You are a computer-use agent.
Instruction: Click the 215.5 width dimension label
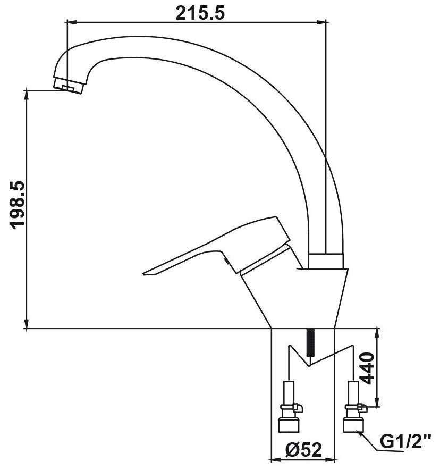click(200, 13)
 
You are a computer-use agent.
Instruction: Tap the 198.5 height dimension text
click(18, 205)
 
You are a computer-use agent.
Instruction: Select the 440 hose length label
click(367, 368)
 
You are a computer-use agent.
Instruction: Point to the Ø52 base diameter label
click(303, 450)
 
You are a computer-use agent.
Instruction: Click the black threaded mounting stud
click(311, 342)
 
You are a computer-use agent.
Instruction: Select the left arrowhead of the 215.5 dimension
click(72, 22)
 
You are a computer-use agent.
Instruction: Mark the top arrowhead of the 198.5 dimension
click(27, 95)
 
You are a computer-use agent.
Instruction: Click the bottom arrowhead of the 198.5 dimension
click(27, 323)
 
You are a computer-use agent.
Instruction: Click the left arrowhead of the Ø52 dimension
click(276, 459)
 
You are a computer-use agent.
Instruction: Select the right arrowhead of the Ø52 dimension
click(329, 459)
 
